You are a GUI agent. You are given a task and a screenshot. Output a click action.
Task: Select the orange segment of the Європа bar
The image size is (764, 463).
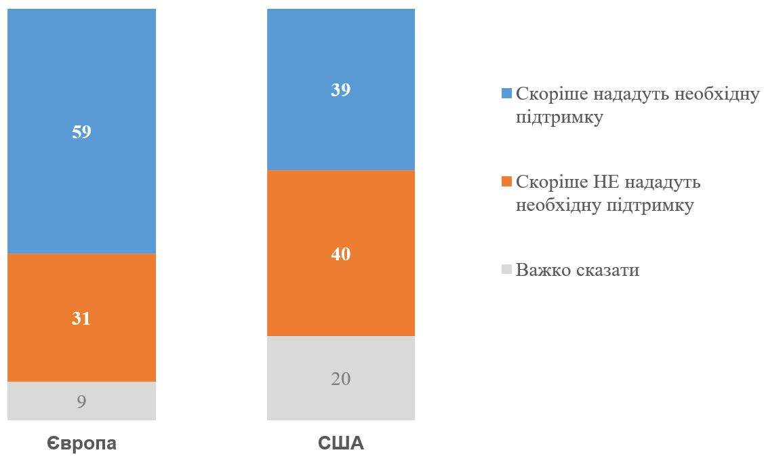coord(81,285)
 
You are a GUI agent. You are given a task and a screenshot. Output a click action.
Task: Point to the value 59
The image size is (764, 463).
coord(81,132)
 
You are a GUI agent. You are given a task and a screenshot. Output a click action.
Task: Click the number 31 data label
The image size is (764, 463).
coord(81,319)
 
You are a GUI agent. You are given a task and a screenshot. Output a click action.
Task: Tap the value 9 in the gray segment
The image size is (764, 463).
coord(81,402)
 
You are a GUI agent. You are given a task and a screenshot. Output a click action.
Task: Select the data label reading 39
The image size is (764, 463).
coord(340,90)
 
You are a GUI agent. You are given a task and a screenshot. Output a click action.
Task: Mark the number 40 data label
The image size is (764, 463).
coord(340,254)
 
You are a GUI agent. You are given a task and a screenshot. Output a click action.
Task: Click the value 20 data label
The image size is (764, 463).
coord(340,379)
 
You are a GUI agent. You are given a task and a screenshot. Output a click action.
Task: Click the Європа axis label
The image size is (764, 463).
coord(81,444)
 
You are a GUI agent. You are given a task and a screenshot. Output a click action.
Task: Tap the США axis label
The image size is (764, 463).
coord(340,444)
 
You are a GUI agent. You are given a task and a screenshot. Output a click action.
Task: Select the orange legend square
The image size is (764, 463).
coord(506,182)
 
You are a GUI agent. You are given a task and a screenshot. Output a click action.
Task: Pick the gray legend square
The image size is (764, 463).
coord(506,270)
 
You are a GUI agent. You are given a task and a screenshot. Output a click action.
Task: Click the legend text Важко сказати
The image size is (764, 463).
coord(578,270)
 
